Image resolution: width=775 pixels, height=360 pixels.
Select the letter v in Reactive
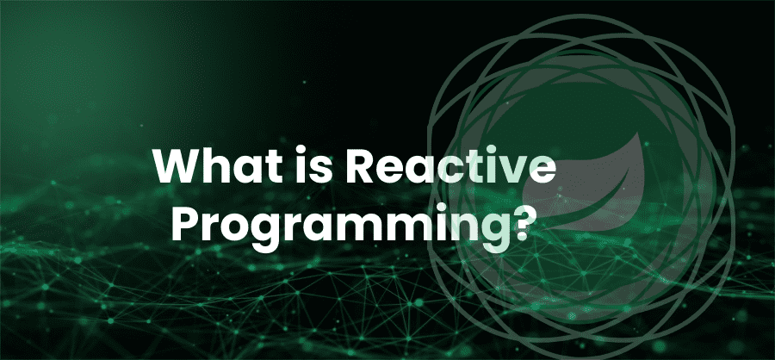[x=513, y=171]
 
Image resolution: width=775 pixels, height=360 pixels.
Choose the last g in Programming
[x=481, y=234]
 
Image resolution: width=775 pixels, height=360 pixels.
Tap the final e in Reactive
[x=542, y=171]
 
